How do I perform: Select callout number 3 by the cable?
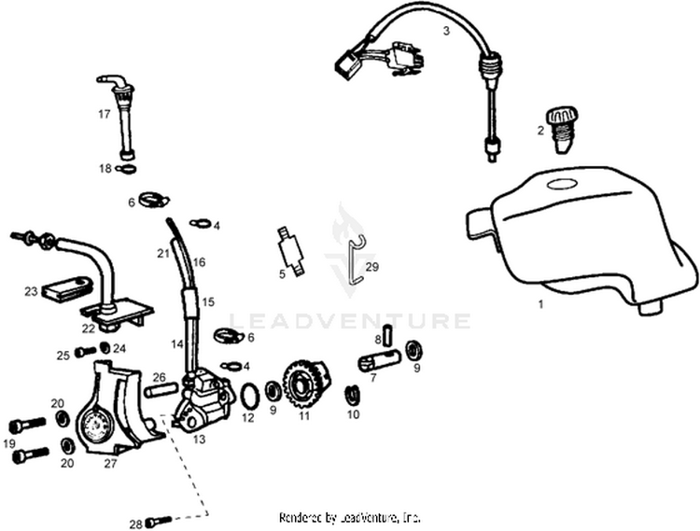(446, 31)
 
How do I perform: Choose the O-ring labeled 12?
(249, 396)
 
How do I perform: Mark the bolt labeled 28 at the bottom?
(161, 522)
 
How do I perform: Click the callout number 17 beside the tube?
(105, 115)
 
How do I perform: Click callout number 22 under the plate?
(88, 328)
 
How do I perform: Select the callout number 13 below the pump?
(199, 439)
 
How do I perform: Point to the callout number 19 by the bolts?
(9, 443)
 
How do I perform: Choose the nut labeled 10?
(354, 395)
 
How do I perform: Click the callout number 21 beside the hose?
(161, 253)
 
